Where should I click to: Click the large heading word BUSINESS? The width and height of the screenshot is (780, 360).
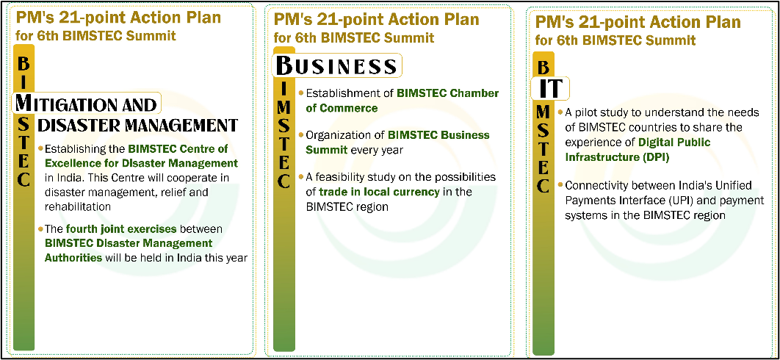click(x=336, y=65)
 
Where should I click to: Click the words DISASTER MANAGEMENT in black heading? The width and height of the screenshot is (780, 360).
click(x=137, y=125)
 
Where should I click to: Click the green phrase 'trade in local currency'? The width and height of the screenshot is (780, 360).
click(x=379, y=192)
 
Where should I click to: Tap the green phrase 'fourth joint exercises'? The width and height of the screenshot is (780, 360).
click(x=121, y=229)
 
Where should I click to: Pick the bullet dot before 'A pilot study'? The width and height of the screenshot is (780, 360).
click(x=560, y=112)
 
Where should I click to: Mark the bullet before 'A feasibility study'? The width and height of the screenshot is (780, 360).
click(x=301, y=177)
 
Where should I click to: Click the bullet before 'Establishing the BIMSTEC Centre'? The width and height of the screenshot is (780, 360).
click(x=40, y=148)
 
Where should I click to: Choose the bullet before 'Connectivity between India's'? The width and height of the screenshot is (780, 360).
click(x=560, y=185)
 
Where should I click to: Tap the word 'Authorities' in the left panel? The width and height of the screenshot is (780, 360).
click(x=73, y=257)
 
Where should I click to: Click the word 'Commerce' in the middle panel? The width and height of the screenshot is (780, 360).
click(x=347, y=107)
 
